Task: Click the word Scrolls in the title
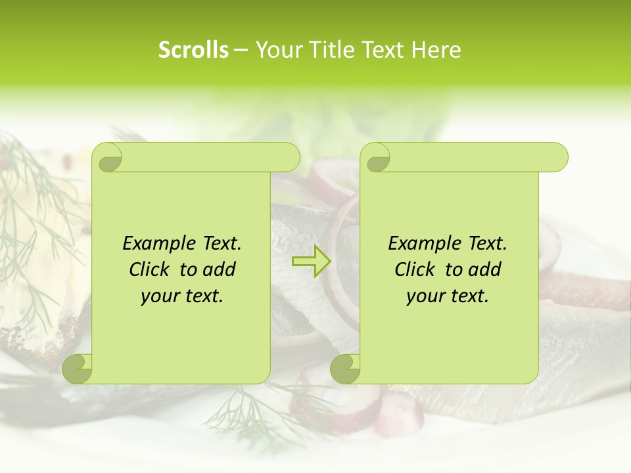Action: click(x=193, y=50)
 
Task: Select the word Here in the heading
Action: click(x=436, y=50)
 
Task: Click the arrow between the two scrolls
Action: click(x=311, y=261)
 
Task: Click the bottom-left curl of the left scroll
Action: click(x=78, y=369)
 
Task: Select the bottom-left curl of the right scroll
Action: click(x=345, y=369)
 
